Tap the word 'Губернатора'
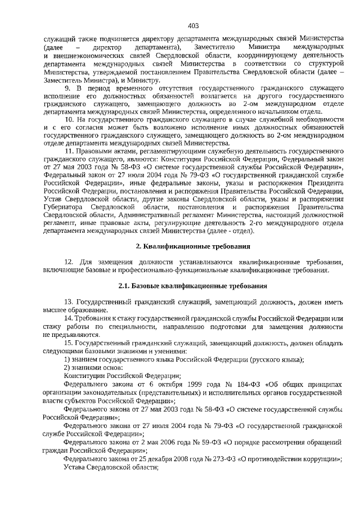(x=64, y=200)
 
